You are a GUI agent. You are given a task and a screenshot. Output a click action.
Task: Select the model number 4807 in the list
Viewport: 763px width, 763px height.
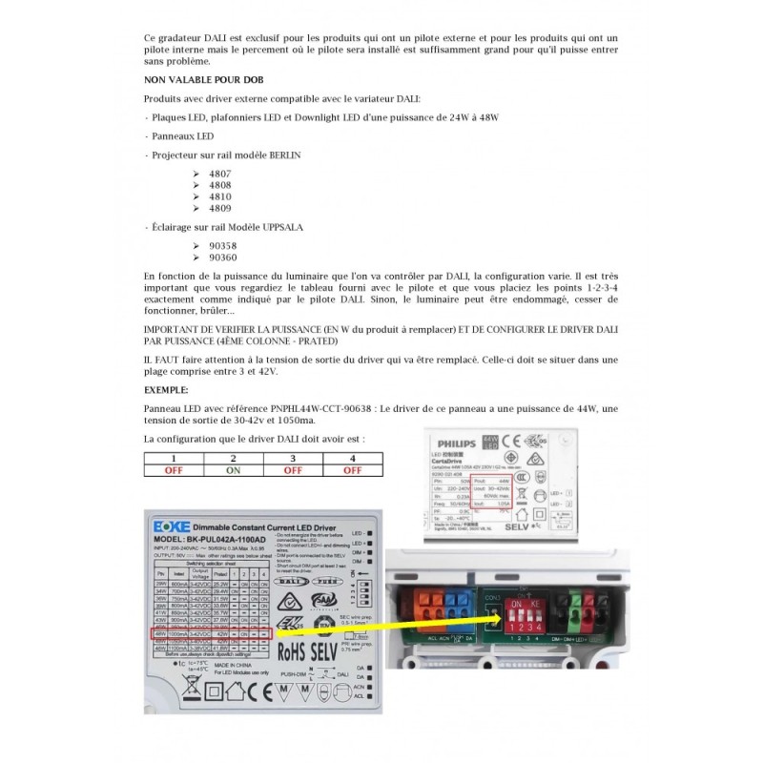pos(207,174)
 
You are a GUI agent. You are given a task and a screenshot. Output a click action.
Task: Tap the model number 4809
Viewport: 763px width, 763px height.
pos(207,208)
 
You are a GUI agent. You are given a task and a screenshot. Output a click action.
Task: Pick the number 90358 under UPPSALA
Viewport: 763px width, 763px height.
pos(210,245)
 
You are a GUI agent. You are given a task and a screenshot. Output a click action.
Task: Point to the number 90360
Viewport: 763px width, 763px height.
pos(210,258)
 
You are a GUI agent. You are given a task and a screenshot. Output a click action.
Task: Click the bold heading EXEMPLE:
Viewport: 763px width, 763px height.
pos(166,389)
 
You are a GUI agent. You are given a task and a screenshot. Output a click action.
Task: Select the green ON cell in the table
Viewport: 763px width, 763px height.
pos(233,469)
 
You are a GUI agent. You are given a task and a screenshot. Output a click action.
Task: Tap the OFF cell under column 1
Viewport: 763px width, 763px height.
pos(174,469)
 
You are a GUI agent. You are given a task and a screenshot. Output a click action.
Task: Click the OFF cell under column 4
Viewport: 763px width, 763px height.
pos(352,469)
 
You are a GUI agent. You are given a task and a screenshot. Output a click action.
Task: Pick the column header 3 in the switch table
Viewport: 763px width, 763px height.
pos(293,459)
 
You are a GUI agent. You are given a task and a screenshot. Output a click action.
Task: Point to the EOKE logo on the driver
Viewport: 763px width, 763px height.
pos(173,526)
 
